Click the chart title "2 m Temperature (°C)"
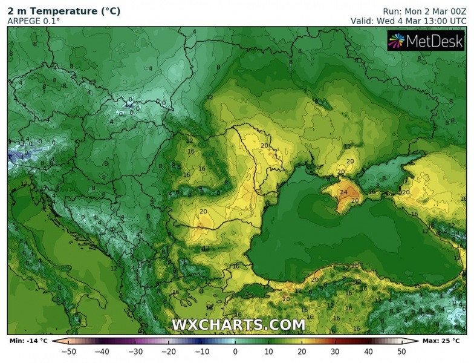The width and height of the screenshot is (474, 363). click(x=63, y=11)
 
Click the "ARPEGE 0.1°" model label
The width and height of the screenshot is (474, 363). click(x=33, y=21)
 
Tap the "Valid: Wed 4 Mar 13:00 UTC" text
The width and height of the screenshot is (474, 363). click(x=409, y=21)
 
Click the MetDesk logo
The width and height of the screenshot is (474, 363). click(x=426, y=41)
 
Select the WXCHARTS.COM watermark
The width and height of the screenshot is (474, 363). click(x=238, y=325)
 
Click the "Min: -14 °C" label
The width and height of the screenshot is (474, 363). click(x=28, y=341)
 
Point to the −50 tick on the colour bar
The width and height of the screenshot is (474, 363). click(x=70, y=351)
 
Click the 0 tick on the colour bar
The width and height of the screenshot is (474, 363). click(x=235, y=351)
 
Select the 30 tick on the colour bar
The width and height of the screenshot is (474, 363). click(x=334, y=351)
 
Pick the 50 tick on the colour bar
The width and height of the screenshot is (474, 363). click(x=400, y=351)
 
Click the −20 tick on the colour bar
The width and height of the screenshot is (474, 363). click(x=169, y=351)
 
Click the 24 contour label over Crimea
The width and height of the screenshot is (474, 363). click(x=343, y=193)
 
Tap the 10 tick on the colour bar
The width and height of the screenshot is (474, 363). click(x=268, y=351)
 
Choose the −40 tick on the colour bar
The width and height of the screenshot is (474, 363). click(x=103, y=351)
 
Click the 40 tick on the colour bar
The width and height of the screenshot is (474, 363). click(x=368, y=351)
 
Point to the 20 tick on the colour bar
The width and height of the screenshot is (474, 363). click(x=301, y=351)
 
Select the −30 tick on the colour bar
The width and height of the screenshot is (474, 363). click(x=136, y=351)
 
